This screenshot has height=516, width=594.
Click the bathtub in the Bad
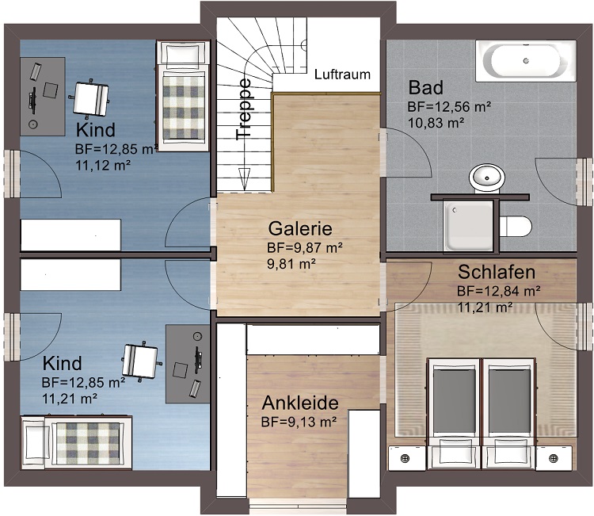pyautogui.click(x=526, y=61)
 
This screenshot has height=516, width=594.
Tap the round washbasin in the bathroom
pyautogui.click(x=487, y=178)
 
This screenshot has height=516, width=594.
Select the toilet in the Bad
pyautogui.click(x=516, y=227)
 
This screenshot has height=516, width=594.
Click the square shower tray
pyautogui.click(x=469, y=226)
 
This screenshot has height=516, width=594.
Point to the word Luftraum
pyautogui.click(x=342, y=75)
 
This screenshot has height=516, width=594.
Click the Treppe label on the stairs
pyautogui.click(x=243, y=109)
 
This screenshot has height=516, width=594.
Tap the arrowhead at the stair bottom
pyautogui.click(x=244, y=179)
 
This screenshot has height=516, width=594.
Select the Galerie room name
pyautogui.click(x=300, y=228)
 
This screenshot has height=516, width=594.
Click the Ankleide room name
pyautogui.click(x=300, y=403)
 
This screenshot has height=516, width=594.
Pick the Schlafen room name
pyautogui.click(x=497, y=272)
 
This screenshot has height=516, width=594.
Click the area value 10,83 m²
pyautogui.click(x=436, y=123)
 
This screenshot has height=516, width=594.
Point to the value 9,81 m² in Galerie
pyautogui.click(x=291, y=263)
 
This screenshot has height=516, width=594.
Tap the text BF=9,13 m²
pyautogui.click(x=299, y=422)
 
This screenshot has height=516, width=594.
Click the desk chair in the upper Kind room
pyautogui.click(x=90, y=98)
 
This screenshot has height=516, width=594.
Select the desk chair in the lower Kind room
pyautogui.click(x=141, y=361)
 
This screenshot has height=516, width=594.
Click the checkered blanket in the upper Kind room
pyautogui.click(x=184, y=107)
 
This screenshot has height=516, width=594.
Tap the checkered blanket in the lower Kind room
pyautogui.click(x=88, y=443)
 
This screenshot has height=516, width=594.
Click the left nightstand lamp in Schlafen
pyautogui.click(x=406, y=458)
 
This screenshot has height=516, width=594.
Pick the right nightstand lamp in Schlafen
pyautogui.click(x=554, y=458)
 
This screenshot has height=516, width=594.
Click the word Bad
pyautogui.click(x=426, y=87)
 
